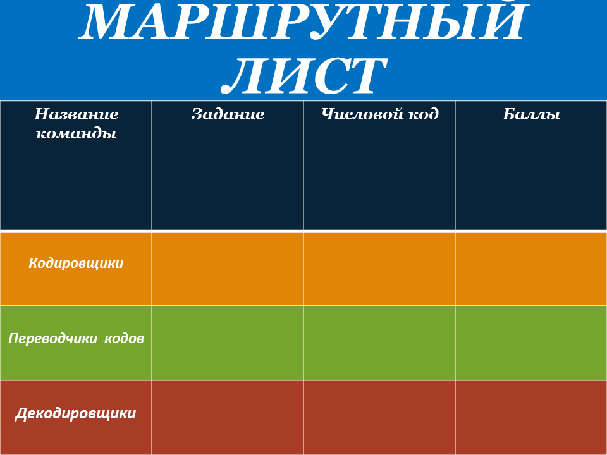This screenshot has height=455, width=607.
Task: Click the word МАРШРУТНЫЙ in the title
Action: point(303,24)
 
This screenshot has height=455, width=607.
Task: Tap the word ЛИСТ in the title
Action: point(303,76)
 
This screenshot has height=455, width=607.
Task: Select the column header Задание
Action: point(228,114)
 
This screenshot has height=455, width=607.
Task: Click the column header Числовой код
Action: point(379,114)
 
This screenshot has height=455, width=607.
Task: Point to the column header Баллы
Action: point(531,114)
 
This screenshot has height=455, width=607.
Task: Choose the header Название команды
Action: point(76,123)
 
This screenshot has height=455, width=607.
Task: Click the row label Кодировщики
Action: point(76,263)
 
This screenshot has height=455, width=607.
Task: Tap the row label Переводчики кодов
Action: point(76,338)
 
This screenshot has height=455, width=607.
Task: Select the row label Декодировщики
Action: point(76,414)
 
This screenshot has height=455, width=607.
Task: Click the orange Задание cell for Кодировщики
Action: point(228,269)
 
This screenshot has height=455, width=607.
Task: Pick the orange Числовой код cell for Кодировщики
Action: point(379,269)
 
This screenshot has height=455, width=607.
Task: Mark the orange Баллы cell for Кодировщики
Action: point(531,269)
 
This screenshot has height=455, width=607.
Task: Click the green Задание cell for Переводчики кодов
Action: point(228,343)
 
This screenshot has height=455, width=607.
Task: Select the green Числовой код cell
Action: point(379,343)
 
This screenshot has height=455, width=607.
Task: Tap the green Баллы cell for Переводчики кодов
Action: point(531,343)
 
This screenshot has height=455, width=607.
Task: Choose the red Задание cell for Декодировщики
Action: point(228,417)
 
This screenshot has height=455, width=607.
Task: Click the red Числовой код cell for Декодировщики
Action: point(379,417)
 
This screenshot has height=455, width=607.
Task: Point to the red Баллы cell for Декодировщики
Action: point(531,417)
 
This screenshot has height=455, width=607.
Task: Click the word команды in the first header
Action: point(76,133)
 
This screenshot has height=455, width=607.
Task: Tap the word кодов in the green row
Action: point(123,338)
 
